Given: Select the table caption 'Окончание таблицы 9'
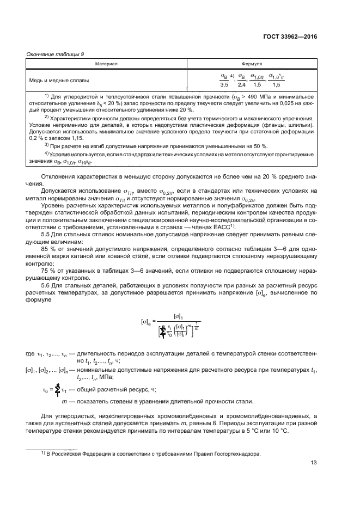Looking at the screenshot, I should [53, 53].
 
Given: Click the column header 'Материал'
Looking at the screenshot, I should [107, 64].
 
